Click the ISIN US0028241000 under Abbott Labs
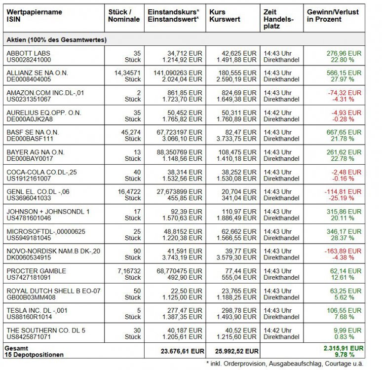(28, 60)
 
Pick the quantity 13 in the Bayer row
(137, 152)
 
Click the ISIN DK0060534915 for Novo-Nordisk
(28, 258)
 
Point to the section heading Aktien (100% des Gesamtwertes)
(56, 39)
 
